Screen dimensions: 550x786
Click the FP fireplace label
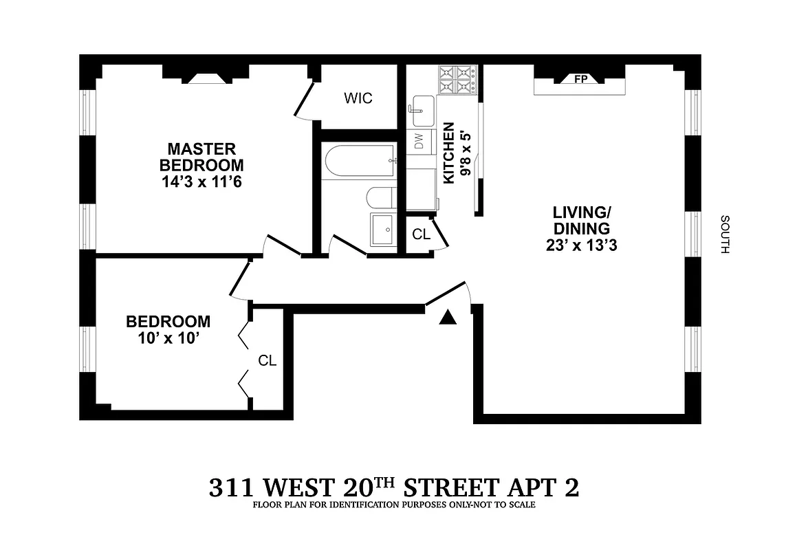[x=580, y=79]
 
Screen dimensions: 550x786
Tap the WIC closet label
[x=358, y=98]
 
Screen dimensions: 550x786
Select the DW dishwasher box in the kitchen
[x=418, y=141]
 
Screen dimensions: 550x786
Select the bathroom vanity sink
[x=383, y=229]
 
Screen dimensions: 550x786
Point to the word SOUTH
[x=724, y=234]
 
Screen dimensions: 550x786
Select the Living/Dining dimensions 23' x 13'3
[x=582, y=245]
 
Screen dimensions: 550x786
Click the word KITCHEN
[x=448, y=153]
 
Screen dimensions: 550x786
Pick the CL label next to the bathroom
[x=421, y=234]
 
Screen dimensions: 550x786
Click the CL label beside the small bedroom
[x=267, y=360]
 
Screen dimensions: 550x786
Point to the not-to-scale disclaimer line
[x=393, y=505]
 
